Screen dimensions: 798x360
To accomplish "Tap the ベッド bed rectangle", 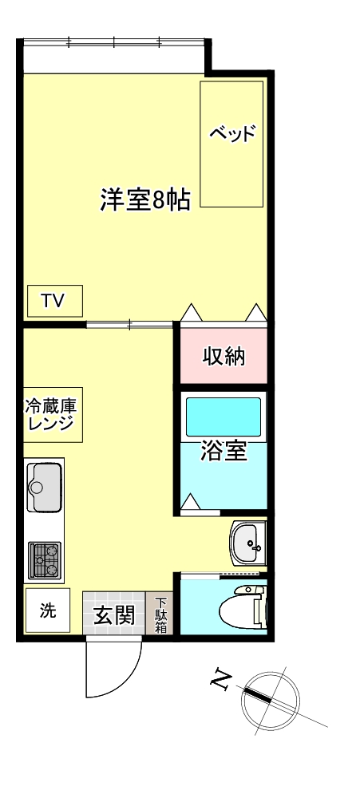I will point(231,144).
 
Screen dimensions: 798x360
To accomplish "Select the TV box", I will point(53,301).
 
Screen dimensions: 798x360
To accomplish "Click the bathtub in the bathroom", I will point(224,416).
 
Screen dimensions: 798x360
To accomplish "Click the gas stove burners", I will point(45,560).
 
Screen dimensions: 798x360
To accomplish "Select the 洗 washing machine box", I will point(48,611).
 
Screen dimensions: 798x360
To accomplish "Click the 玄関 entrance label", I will point(113,615).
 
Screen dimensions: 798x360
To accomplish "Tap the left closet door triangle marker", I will point(192,312).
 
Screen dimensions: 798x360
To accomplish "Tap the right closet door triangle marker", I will point(255,312).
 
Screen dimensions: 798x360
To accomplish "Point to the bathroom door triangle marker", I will point(191,502).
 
